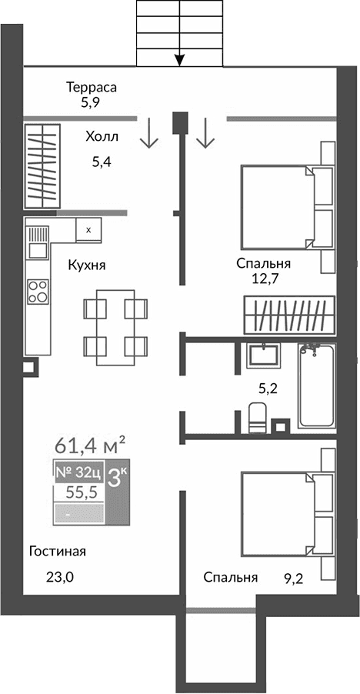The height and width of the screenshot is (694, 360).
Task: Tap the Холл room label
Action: coord(102,138)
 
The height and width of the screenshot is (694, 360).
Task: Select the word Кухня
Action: coord(86,265)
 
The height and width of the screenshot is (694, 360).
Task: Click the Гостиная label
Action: coord(57,551)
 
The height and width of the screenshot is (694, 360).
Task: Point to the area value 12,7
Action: coord(264,279)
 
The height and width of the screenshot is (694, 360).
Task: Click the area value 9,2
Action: coord(294,577)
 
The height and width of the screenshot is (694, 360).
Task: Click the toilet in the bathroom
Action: coord(258,418)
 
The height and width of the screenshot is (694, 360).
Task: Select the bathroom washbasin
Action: coord(266,356)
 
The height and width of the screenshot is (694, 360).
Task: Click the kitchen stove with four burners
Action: coord(38,292)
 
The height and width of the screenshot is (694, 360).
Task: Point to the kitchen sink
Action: coord(38,250)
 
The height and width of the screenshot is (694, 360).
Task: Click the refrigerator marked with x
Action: coord(88,229)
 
